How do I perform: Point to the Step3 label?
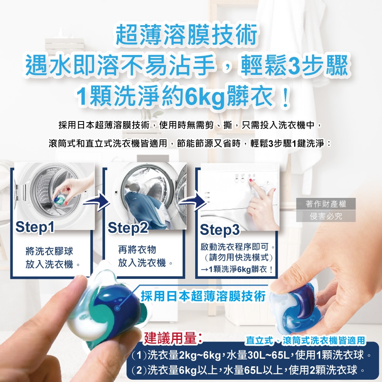pyautogui.click(x=220, y=230)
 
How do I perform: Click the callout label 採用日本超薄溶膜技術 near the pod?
pyautogui.click(x=202, y=296)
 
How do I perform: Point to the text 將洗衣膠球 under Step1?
pyautogui.click(x=49, y=251)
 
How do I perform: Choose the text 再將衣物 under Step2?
pyautogui.click(x=137, y=249)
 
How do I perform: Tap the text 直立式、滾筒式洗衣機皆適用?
pyautogui.click(x=305, y=340)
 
